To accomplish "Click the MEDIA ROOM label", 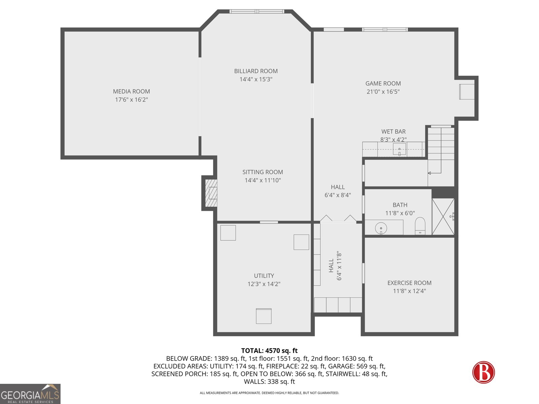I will (131, 91).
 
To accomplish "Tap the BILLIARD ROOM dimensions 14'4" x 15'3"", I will (256, 79).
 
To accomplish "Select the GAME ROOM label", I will (383, 83).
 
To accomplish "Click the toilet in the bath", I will (420, 226).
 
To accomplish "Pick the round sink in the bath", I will (381, 228).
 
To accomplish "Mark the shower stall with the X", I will (443, 216).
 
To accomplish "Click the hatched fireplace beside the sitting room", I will (211, 193).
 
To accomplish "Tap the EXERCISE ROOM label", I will (409, 283).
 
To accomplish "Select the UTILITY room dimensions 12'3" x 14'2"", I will (264, 284).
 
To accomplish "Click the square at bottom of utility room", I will (263, 316).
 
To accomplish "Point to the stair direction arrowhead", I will (430, 173).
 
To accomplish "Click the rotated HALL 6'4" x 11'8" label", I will (335, 266).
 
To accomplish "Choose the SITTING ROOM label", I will (262, 172).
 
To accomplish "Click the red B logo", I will (483, 372).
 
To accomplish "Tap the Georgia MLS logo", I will (30, 394).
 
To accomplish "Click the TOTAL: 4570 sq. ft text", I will (269, 351).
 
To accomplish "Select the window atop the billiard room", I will (257, 11).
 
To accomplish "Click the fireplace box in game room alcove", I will (467, 92).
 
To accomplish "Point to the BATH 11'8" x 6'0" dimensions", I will (400, 213).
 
